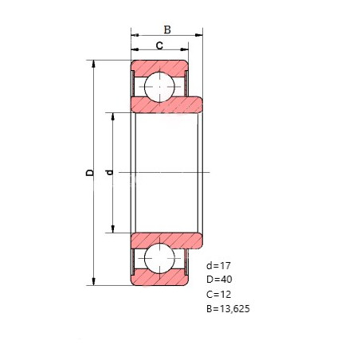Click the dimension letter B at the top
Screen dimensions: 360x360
[167, 29]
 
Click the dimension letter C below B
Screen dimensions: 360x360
[159, 45]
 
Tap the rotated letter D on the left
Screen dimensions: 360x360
[90, 172]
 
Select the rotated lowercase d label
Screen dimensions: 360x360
[109, 173]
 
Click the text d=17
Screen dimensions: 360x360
[218, 265]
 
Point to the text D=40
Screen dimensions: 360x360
[219, 280]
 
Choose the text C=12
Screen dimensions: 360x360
[218, 294]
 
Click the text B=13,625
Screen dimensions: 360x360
[228, 308]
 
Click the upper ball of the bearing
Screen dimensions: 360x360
[159, 87]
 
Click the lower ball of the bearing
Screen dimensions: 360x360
[159, 258]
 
